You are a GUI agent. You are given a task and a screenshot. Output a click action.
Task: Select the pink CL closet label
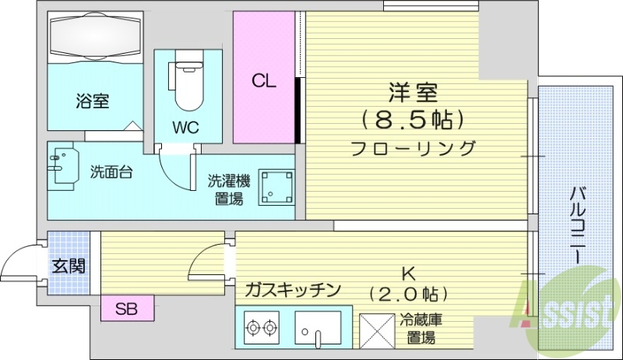[x=263, y=81]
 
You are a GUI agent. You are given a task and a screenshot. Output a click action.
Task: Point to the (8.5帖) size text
[x=413, y=119]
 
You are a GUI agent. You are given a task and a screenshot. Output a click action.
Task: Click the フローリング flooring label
[x=413, y=146]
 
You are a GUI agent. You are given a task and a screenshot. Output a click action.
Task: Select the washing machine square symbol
[x=275, y=185]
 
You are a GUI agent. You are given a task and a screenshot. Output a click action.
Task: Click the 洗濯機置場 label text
[x=228, y=190]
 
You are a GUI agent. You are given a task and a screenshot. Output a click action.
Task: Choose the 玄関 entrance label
[x=69, y=265]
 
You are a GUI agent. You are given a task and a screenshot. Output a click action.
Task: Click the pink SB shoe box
[x=127, y=309]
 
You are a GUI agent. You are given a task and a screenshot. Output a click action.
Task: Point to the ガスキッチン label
[x=292, y=291]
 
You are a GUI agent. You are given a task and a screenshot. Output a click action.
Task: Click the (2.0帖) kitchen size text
[x=407, y=294]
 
